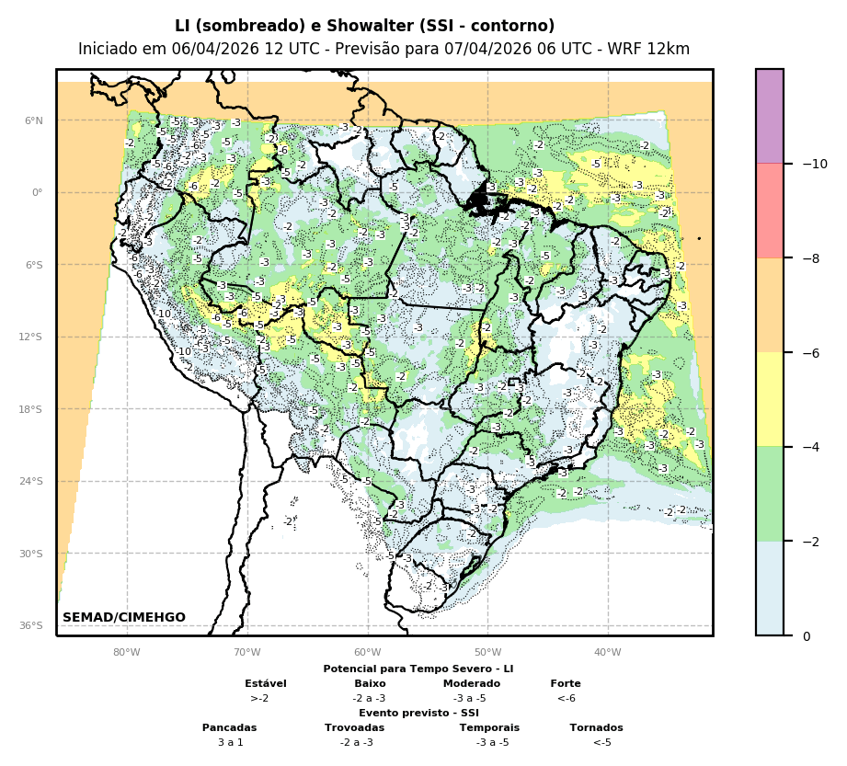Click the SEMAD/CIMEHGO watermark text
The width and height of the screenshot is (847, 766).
124,617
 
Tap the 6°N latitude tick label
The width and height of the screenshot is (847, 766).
33,120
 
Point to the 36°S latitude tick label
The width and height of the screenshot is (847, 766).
31,625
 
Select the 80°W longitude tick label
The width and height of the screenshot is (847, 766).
126,653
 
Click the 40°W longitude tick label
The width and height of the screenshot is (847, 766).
607,653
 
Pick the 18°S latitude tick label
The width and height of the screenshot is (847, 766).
31,409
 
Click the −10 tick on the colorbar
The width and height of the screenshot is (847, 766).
815,164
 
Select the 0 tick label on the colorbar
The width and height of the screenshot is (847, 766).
807,636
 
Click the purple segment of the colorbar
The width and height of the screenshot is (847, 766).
770,116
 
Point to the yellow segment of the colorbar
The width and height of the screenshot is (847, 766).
770,399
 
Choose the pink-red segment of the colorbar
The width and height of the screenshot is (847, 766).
770,211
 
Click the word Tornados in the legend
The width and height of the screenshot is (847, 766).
596,727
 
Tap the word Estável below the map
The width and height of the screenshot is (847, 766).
266,683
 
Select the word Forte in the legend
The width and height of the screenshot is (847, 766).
566,683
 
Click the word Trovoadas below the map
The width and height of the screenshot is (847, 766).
354,727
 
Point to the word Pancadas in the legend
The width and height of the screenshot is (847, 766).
230,727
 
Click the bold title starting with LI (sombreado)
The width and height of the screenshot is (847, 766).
364,26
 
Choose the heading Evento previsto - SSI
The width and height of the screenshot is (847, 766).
418,713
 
